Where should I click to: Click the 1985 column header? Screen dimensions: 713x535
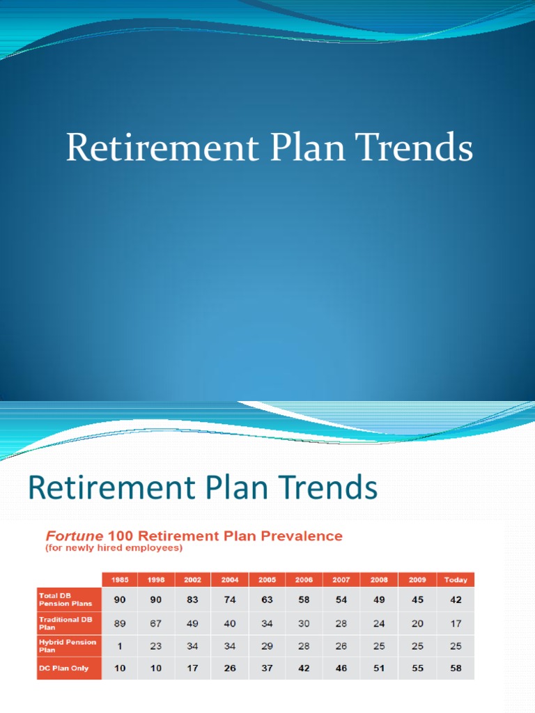120,579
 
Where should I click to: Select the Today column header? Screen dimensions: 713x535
456,579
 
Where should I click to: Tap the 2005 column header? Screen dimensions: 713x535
267,579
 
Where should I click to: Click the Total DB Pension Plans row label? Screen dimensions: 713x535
68,599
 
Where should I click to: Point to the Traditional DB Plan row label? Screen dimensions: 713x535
68,622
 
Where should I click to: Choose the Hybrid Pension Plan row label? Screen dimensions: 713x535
68,645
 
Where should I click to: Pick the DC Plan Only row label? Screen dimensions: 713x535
68,668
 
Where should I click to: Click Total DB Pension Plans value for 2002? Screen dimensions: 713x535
193,599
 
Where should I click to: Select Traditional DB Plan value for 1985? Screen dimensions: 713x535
120,622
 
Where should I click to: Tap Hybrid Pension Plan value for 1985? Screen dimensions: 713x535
120,645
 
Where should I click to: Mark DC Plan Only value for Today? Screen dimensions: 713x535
456,668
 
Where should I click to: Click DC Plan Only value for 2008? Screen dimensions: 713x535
380,668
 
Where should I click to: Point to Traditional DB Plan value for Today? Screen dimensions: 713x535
456,622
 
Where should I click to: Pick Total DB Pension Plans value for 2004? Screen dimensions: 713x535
231,599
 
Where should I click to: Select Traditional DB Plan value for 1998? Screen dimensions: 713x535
156,622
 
